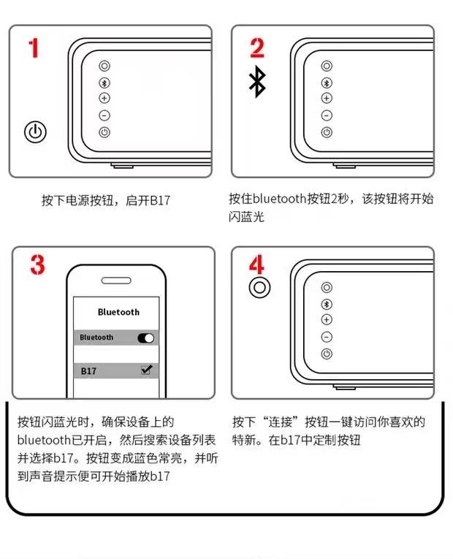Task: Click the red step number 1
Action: pyautogui.click(x=34, y=48)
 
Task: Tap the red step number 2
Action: pyautogui.click(x=257, y=47)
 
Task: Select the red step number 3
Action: pyautogui.click(x=38, y=265)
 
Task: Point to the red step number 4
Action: pyautogui.click(x=256, y=265)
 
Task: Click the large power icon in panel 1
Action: pyautogui.click(x=35, y=132)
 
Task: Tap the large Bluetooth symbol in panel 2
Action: pyautogui.click(x=257, y=82)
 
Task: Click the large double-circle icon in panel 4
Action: pyautogui.click(x=259, y=287)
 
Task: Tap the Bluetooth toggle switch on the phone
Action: pyautogui.click(x=146, y=338)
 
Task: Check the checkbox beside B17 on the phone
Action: pyautogui.click(x=146, y=369)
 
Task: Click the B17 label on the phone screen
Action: pyautogui.click(x=88, y=371)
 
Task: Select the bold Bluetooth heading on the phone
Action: pyautogui.click(x=118, y=312)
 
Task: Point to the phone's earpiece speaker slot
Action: pyautogui.click(x=116, y=281)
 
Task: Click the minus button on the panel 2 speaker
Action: pyautogui.click(x=327, y=115)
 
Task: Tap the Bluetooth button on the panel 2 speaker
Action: pyautogui.click(x=327, y=83)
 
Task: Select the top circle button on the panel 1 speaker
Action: pyautogui.click(x=104, y=66)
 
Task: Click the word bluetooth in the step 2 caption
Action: pyautogui.click(x=279, y=199)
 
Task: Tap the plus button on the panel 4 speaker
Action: pyautogui.click(x=327, y=319)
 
